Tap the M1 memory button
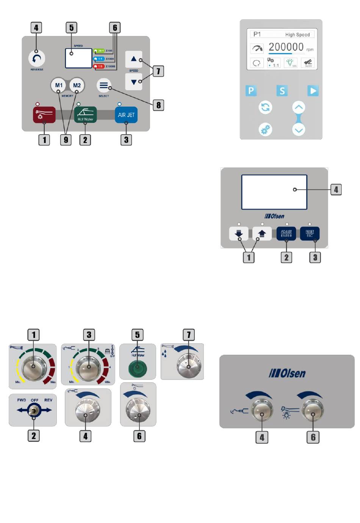tap(59, 85)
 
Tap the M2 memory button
tap(77, 85)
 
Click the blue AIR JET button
tap(126, 115)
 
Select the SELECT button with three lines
tap(103, 85)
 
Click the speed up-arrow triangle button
tap(134, 59)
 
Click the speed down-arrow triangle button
tap(134, 82)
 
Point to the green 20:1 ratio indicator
tap(99, 50)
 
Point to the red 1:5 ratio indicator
tap(99, 66)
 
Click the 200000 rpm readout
tap(286, 47)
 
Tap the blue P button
tap(250, 91)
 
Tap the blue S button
tap(282, 91)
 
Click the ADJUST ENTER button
tap(286, 233)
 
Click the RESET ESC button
tap(310, 233)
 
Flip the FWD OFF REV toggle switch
tap(34, 410)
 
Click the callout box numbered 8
tap(158, 105)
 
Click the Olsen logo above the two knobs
tap(287, 373)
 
